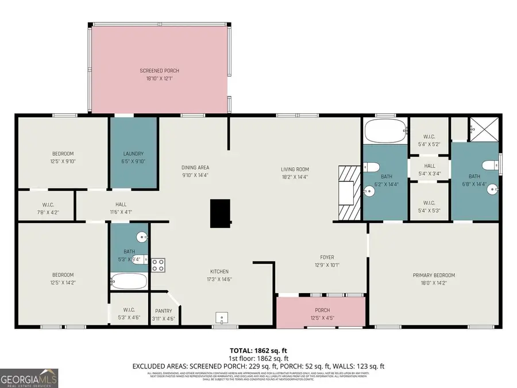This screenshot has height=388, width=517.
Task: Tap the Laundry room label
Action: coord(133,153)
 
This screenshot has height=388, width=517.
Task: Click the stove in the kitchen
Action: coord(158,265)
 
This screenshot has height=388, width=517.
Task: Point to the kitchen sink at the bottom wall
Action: coord(222,318)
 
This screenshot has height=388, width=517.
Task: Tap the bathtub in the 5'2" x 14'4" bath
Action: coord(384,132)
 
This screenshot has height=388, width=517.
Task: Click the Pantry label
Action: coord(163,311)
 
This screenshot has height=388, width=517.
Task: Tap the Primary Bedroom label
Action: coord(434,275)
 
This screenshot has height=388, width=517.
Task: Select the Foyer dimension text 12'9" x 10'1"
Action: coord(327,265)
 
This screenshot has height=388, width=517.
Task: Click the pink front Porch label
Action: coord(321,310)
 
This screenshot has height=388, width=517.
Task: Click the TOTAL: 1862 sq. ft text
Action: coord(258,349)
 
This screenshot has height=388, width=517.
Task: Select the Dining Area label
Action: coord(195,167)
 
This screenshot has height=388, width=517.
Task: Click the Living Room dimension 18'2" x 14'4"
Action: coord(295,177)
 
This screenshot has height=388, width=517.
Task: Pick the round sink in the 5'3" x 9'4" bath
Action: coord(141,237)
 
